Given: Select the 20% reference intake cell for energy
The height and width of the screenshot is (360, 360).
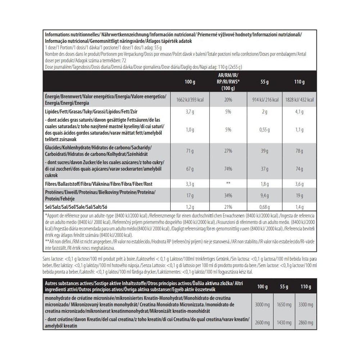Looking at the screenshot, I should coord(228,100).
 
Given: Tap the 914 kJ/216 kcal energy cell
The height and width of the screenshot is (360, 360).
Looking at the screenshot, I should coord(264,100).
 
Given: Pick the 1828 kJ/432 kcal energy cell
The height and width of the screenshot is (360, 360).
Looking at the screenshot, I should coord(299,100).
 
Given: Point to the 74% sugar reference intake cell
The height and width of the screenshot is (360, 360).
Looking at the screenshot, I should coord(228,168).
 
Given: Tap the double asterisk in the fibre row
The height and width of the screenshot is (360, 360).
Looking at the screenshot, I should coord(228,184).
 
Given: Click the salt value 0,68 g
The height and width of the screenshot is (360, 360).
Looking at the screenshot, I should coord(264,207).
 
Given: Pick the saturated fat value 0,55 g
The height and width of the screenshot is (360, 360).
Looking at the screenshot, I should coord(264,130).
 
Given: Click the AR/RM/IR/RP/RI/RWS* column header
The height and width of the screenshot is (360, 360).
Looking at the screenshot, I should coord(228,82).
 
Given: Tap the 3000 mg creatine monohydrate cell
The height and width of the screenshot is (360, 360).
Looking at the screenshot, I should coord(262,305).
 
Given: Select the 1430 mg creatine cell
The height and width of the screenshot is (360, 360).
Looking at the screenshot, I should coord(284,323).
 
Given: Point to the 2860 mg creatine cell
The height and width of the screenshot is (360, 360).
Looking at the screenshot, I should coord(306,323).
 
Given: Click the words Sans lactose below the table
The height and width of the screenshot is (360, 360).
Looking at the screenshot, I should coord(53,258).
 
